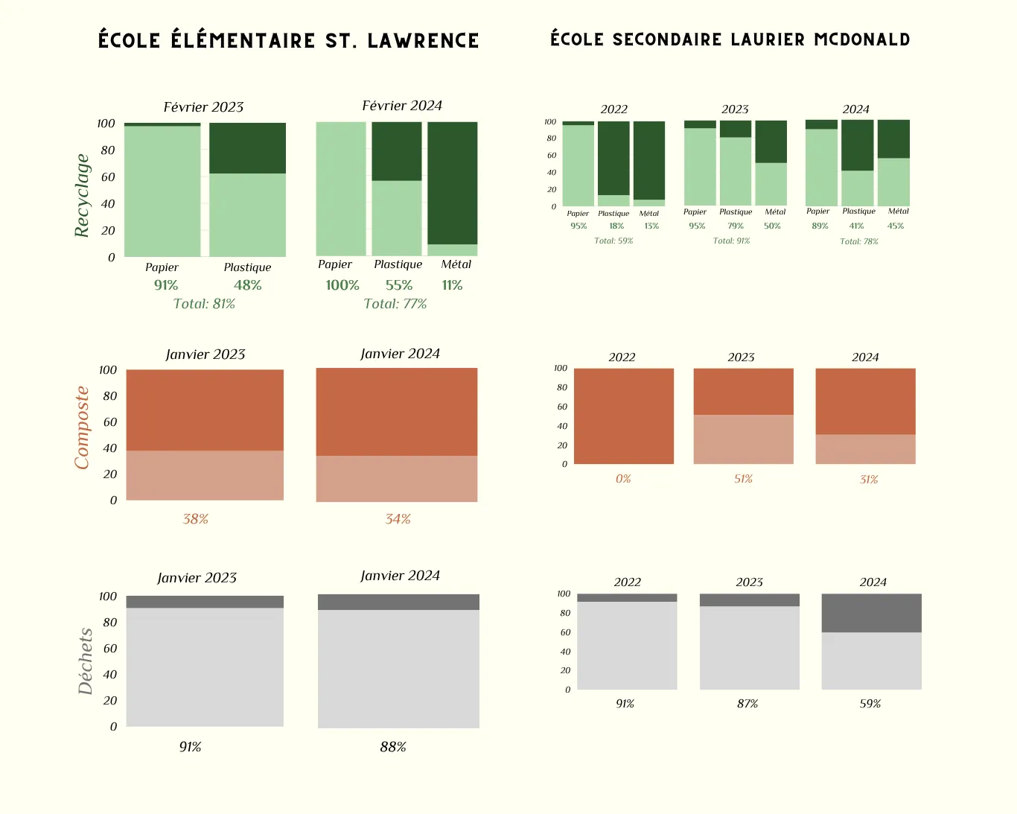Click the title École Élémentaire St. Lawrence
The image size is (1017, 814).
(288, 40)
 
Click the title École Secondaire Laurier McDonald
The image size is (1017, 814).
(730, 39)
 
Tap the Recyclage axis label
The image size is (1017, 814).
(82, 195)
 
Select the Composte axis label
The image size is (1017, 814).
(82, 427)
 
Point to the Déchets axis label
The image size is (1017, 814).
(86, 661)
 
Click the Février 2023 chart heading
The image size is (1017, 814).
(203, 107)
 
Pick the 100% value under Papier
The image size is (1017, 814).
(342, 285)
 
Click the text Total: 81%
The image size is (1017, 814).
(204, 304)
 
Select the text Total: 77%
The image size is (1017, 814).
(395, 304)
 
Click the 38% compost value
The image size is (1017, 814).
(195, 519)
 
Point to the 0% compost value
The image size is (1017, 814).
(623, 479)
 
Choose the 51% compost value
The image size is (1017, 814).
(743, 479)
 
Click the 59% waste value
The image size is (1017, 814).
(870, 704)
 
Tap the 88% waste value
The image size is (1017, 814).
(392, 747)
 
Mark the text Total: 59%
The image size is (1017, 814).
(613, 241)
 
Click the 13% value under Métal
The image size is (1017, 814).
(651, 226)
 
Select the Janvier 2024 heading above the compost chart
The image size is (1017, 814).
(400, 354)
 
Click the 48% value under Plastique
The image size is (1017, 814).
(247, 285)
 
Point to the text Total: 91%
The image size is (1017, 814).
(731, 241)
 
